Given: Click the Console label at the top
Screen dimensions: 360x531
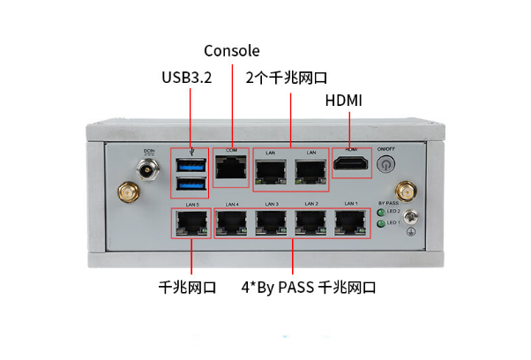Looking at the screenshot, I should coord(232,49).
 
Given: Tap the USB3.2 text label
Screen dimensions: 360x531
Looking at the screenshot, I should coord(187,78).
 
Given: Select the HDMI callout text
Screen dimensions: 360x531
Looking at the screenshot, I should coord(344,101).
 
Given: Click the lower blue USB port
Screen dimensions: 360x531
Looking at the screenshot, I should coord(190,184).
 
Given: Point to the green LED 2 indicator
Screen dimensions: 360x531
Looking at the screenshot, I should coord(381,213).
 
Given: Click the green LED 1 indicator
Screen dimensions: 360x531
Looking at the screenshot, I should coord(381,223).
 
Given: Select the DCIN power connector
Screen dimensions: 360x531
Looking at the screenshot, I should coord(146,168).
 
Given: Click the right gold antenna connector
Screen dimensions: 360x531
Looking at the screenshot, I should coord(406,190).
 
